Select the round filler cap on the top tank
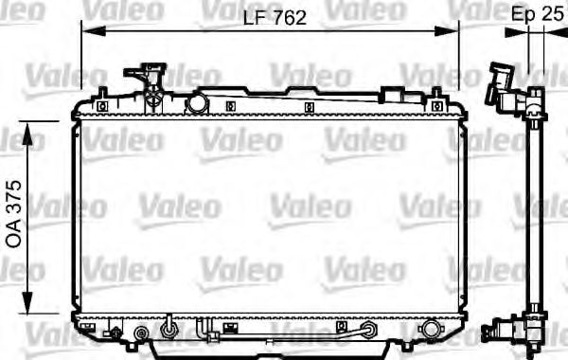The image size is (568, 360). pyautogui.click(x=197, y=100)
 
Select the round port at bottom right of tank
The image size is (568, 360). pyautogui.click(x=430, y=331)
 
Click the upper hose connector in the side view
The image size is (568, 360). pyautogui.click(x=502, y=90)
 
